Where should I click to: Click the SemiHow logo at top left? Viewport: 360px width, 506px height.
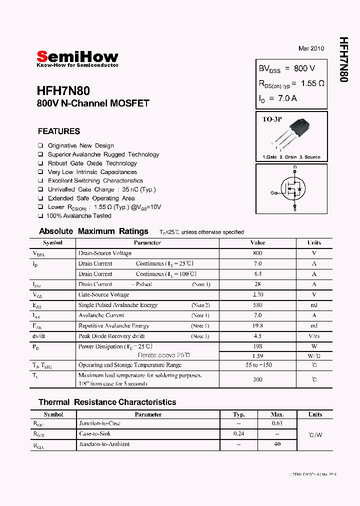[77, 57]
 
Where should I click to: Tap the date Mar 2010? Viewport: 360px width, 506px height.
[311, 48]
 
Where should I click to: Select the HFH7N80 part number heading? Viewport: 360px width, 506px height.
[63, 91]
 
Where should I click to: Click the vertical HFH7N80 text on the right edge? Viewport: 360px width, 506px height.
[343, 59]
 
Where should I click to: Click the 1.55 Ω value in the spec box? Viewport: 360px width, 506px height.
[312, 83]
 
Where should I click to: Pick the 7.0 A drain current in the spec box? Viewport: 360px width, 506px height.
[287, 98]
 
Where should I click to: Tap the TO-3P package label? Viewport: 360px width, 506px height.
[272, 119]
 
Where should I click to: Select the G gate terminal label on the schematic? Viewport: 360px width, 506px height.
[272, 193]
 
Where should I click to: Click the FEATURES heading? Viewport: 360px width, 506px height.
[59, 131]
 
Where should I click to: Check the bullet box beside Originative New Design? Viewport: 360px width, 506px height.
[40, 145]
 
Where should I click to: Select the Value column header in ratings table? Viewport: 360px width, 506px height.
[257, 242]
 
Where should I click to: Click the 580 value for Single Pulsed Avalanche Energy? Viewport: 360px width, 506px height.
[257, 305]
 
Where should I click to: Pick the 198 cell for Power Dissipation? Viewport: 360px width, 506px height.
[257, 346]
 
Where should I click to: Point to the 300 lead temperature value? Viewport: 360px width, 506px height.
[257, 379]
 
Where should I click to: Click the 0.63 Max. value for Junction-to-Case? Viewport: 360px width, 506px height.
[277, 423]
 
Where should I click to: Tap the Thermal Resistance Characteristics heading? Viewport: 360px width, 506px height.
[107, 402]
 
